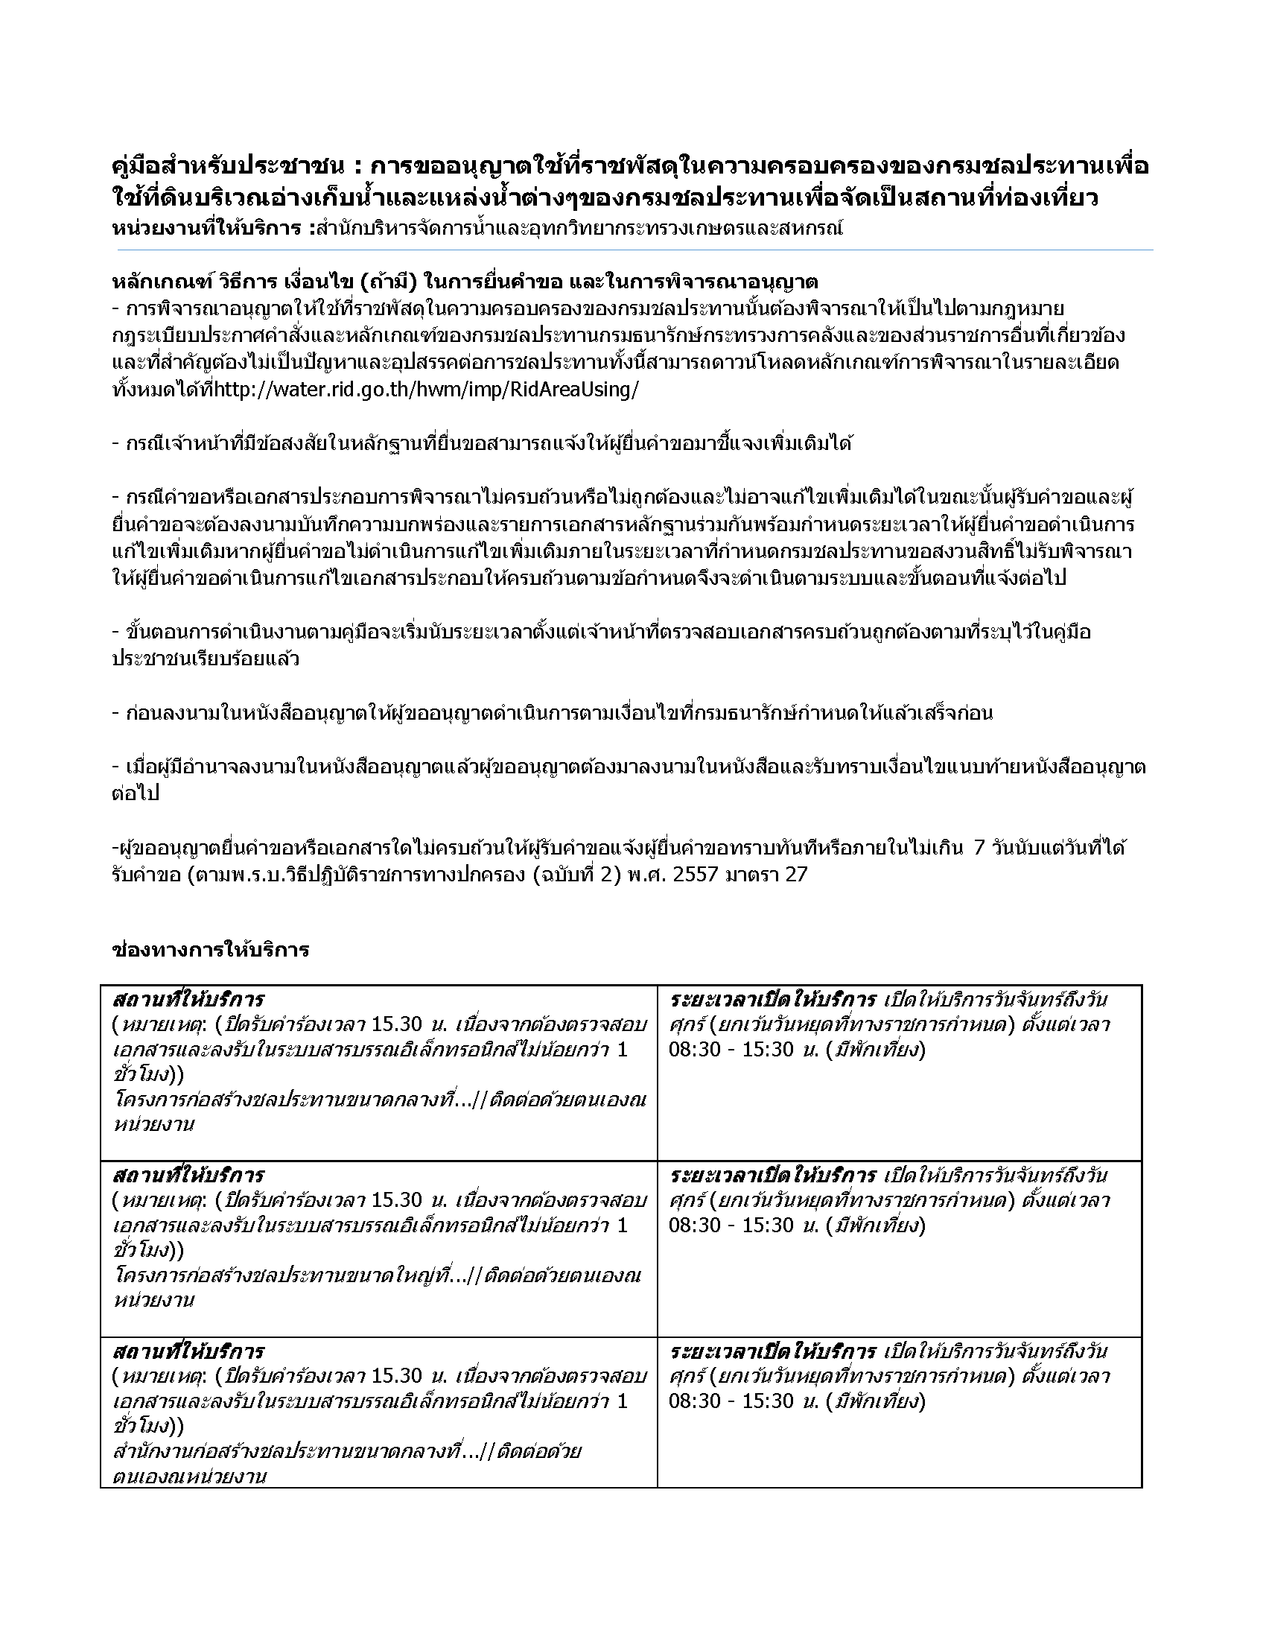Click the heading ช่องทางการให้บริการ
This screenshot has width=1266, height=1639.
point(210,950)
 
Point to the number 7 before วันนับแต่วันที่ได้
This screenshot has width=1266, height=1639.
point(978,848)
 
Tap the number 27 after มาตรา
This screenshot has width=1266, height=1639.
point(796,875)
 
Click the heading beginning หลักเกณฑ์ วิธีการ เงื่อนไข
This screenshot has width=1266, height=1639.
point(464,282)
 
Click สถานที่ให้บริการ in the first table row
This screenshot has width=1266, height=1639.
point(188,1001)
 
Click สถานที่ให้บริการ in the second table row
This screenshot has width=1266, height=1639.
point(188,1175)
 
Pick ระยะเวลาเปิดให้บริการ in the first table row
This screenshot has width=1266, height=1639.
point(772,1001)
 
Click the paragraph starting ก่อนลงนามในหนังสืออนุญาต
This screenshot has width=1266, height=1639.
point(555,713)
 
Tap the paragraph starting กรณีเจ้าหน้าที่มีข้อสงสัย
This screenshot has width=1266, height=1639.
point(484,443)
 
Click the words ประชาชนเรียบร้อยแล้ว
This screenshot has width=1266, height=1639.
point(206,659)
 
